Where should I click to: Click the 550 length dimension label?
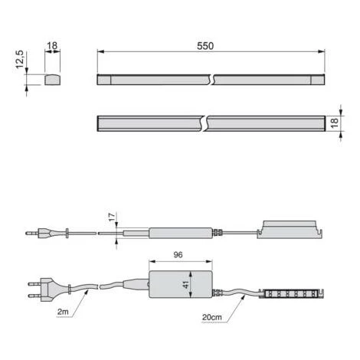click(x=205, y=46)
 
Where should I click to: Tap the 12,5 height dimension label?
click(x=20, y=60)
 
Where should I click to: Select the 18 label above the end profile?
click(x=52, y=46)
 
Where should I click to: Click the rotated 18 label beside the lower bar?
click(x=334, y=123)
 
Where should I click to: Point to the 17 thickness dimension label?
click(x=112, y=218)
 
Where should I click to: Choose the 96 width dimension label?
click(x=178, y=254)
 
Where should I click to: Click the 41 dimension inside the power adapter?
click(x=185, y=284)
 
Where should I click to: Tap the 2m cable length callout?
click(x=63, y=312)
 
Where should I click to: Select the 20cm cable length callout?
click(x=211, y=317)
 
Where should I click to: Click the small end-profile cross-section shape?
click(x=53, y=80)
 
